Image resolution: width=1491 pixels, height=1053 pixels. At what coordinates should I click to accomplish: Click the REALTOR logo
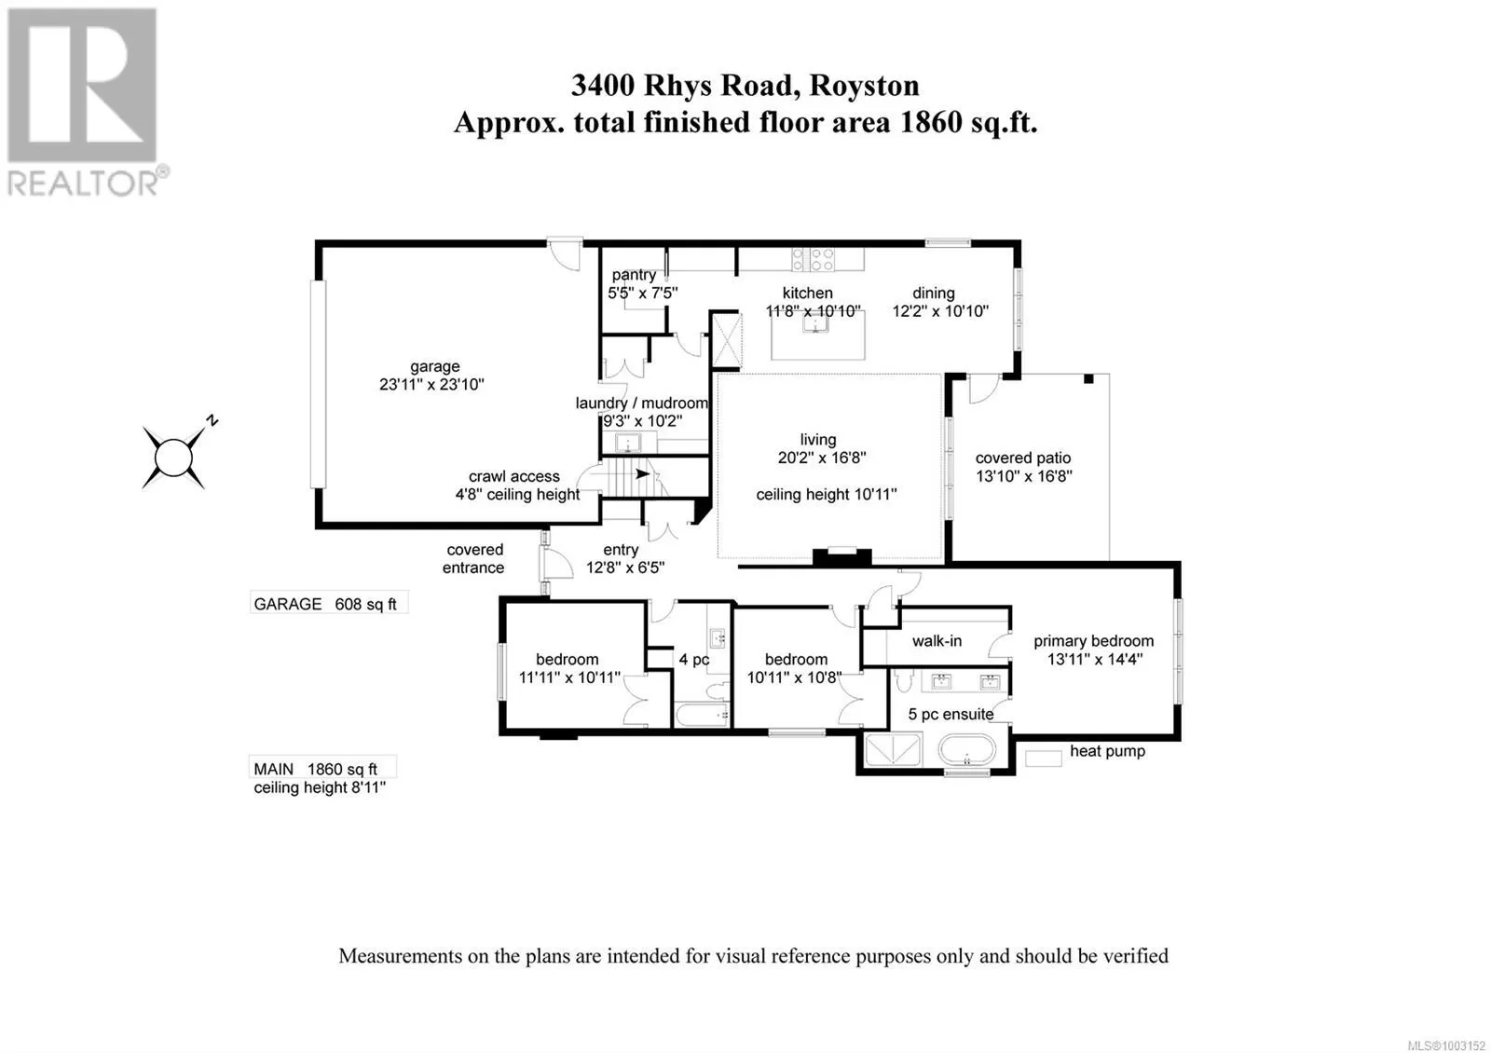(x=88, y=103)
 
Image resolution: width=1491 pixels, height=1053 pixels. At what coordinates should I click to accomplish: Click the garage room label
(x=435, y=366)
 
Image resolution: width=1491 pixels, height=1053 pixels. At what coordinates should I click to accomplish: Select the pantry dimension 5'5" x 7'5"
(x=643, y=293)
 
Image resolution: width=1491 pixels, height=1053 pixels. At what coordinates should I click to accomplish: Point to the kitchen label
(x=808, y=293)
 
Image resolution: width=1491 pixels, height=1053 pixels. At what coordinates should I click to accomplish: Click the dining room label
(x=934, y=293)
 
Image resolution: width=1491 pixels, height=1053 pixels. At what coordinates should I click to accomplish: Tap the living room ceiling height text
(x=827, y=495)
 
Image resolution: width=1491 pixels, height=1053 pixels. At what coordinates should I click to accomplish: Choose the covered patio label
(x=1023, y=458)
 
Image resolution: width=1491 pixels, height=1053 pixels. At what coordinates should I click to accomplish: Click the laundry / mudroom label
(x=642, y=403)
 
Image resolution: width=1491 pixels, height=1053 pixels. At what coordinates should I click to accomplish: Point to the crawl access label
(x=514, y=476)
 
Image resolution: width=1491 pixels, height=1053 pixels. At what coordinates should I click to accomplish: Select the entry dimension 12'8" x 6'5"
(x=625, y=568)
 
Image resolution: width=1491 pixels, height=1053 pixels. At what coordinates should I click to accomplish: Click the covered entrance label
(x=474, y=558)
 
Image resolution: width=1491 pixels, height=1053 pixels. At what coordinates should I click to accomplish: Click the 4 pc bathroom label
(x=694, y=660)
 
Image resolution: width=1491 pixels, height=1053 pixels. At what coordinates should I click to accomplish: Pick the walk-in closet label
(x=937, y=641)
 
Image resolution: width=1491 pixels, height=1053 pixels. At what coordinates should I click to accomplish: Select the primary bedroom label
(x=1093, y=641)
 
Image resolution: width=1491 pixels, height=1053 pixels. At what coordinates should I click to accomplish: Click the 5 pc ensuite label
(x=951, y=715)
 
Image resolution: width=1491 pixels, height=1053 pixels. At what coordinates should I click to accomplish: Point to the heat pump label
(x=1107, y=751)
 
